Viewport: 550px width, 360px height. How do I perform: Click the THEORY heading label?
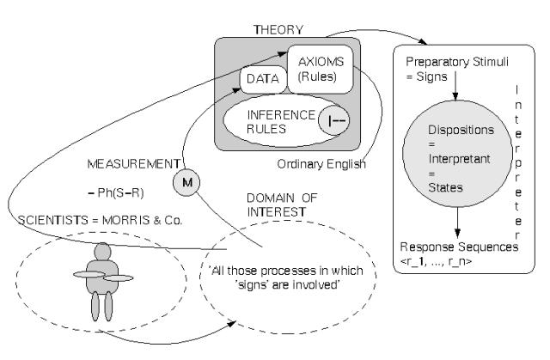(278, 29)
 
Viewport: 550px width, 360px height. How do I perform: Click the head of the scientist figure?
(103, 254)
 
